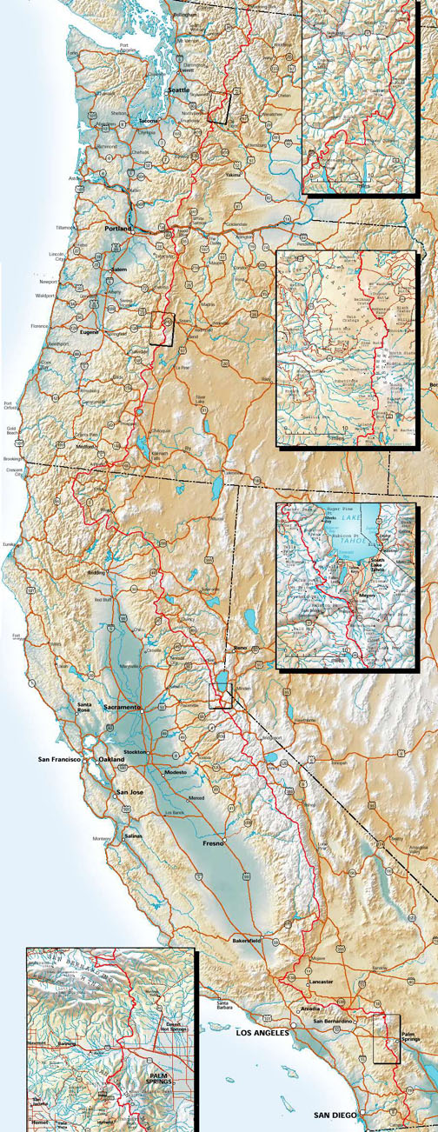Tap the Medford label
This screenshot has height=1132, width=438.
tap(85, 446)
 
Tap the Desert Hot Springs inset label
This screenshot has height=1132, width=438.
tap(173, 1026)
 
